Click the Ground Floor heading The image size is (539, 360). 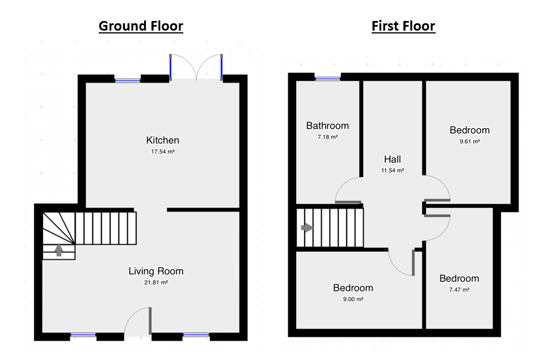pyautogui.click(x=141, y=26)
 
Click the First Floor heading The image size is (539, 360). pyautogui.click(x=403, y=26)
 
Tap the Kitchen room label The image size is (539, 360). pyautogui.click(x=163, y=140)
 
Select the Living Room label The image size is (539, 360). pyautogui.click(x=156, y=271)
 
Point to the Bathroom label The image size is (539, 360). pyautogui.click(x=327, y=126)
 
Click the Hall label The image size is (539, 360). pyautogui.click(x=393, y=159)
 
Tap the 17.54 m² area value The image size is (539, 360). pyautogui.click(x=163, y=151)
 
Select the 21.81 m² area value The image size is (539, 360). pyautogui.click(x=156, y=283)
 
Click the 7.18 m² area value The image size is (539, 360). pyautogui.click(x=327, y=137)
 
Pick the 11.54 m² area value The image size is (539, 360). pyautogui.click(x=393, y=171)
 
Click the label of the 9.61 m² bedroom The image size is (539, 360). pyautogui.click(x=470, y=130)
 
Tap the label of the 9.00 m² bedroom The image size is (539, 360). pyautogui.click(x=353, y=288)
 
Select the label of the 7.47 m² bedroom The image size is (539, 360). pyautogui.click(x=459, y=278)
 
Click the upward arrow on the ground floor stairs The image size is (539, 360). pyautogui.click(x=59, y=250)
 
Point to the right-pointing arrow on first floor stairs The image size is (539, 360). pyautogui.click(x=307, y=227)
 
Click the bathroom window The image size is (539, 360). pyautogui.click(x=327, y=79)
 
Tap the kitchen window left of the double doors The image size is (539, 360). pyautogui.click(x=128, y=81)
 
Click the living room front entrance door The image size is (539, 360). pyautogui.click(x=150, y=321)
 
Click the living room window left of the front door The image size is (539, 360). pyautogui.click(x=83, y=334)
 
